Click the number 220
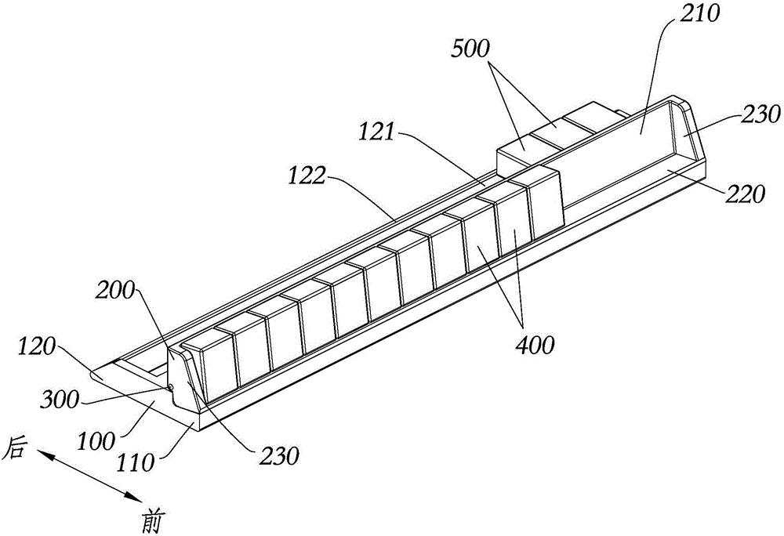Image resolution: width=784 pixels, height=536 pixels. pyautogui.click(x=746, y=194)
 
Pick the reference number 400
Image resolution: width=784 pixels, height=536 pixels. pyautogui.click(x=533, y=345)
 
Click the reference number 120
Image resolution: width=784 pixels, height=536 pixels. pyautogui.click(x=37, y=346)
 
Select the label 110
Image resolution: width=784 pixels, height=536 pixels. pyautogui.click(x=135, y=463)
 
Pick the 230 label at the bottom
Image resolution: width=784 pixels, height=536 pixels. pyautogui.click(x=279, y=455)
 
